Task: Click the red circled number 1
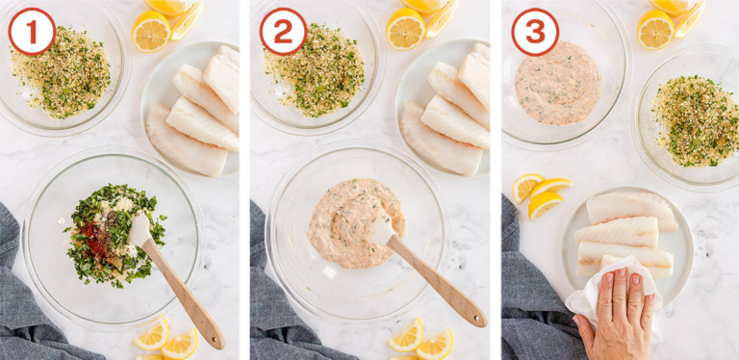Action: pyautogui.click(x=32, y=31)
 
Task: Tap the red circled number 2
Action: pyautogui.click(x=283, y=31)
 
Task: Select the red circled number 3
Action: pyautogui.click(x=534, y=31)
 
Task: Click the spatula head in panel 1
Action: pyautogui.click(x=140, y=230)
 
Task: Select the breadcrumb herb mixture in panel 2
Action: pyautogui.click(x=313, y=69)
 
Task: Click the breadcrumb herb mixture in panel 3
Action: pyautogui.click(x=694, y=119)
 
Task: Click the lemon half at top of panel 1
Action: pyautogui.click(x=151, y=30)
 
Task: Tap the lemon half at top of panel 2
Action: pyautogui.click(x=405, y=29)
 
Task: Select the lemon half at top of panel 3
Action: pyautogui.click(x=655, y=29)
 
